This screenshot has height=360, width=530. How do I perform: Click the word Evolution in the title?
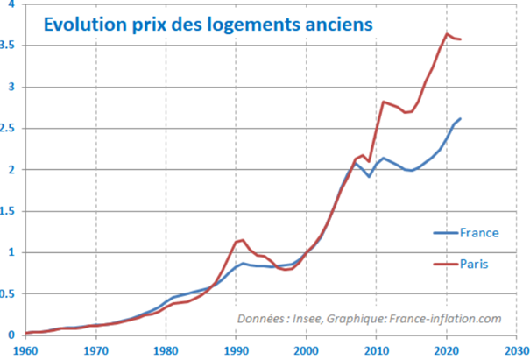[x=85, y=25]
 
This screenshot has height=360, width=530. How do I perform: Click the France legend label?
[x=479, y=233]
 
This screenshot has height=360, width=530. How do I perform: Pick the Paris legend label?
[x=474, y=264]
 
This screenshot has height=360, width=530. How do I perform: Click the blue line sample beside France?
[x=446, y=233]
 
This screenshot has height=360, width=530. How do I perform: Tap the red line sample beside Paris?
[x=446, y=264]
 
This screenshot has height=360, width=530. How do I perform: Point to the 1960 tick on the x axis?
[x=25, y=351]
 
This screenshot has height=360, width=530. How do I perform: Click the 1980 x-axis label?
[x=166, y=351]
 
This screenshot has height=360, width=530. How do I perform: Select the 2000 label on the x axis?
[x=306, y=351]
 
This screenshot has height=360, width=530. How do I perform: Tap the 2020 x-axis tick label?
[x=446, y=351]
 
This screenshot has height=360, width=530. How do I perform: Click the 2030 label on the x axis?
[x=517, y=351]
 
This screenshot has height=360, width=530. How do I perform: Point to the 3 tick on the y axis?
[x=12, y=87]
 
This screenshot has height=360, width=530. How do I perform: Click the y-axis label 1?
[x=12, y=252]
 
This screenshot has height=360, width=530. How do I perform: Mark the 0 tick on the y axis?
[x=12, y=335]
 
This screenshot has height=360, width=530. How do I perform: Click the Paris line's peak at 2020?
[x=447, y=33]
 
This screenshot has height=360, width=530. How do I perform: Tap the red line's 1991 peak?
[x=243, y=240]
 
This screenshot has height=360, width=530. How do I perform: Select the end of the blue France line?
[x=461, y=118]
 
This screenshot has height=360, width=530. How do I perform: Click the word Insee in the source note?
[x=307, y=319]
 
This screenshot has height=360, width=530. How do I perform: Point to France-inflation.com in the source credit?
[x=445, y=319]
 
